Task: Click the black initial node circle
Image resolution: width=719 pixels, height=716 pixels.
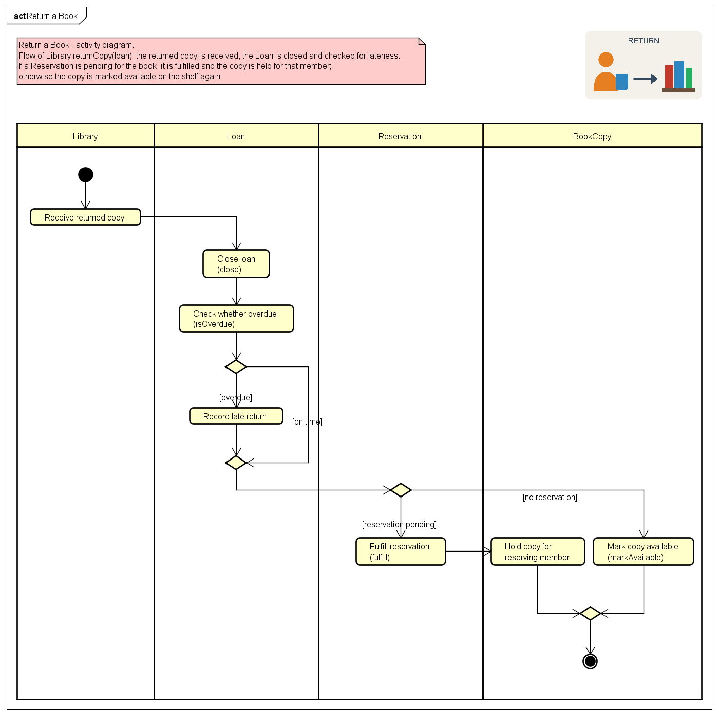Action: tap(85, 174)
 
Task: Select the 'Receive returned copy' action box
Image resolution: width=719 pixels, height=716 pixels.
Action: tap(85, 217)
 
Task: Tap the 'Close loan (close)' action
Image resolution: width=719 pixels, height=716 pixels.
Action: tap(236, 264)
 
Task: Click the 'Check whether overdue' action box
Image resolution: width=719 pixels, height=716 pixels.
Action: tap(236, 318)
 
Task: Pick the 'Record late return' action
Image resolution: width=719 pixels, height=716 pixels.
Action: tap(236, 416)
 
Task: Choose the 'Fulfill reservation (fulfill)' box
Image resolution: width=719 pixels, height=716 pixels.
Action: tap(401, 552)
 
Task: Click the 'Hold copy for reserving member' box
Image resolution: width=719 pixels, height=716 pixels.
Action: tap(537, 552)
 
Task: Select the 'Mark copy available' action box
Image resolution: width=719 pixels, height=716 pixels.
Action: tap(643, 552)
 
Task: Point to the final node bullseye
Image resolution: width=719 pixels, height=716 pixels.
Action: tap(590, 661)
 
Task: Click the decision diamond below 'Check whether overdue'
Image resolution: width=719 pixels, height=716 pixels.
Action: tap(236, 366)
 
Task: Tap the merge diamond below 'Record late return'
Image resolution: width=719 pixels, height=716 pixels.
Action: tap(236, 463)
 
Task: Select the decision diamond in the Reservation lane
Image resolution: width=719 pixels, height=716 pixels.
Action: tap(401, 490)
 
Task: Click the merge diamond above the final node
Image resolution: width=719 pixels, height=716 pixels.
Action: tap(590, 613)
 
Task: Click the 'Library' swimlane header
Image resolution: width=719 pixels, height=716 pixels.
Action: tap(85, 136)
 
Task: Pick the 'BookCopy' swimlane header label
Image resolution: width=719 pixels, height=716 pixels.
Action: tap(592, 136)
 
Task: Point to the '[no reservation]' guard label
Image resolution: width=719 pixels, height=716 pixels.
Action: tap(550, 497)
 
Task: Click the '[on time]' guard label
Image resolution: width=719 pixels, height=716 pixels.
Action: tap(307, 421)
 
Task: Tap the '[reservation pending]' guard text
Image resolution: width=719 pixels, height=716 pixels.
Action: tap(399, 524)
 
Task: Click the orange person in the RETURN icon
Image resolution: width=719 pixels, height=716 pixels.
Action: tap(606, 72)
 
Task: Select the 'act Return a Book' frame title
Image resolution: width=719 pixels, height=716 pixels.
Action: tap(46, 16)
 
